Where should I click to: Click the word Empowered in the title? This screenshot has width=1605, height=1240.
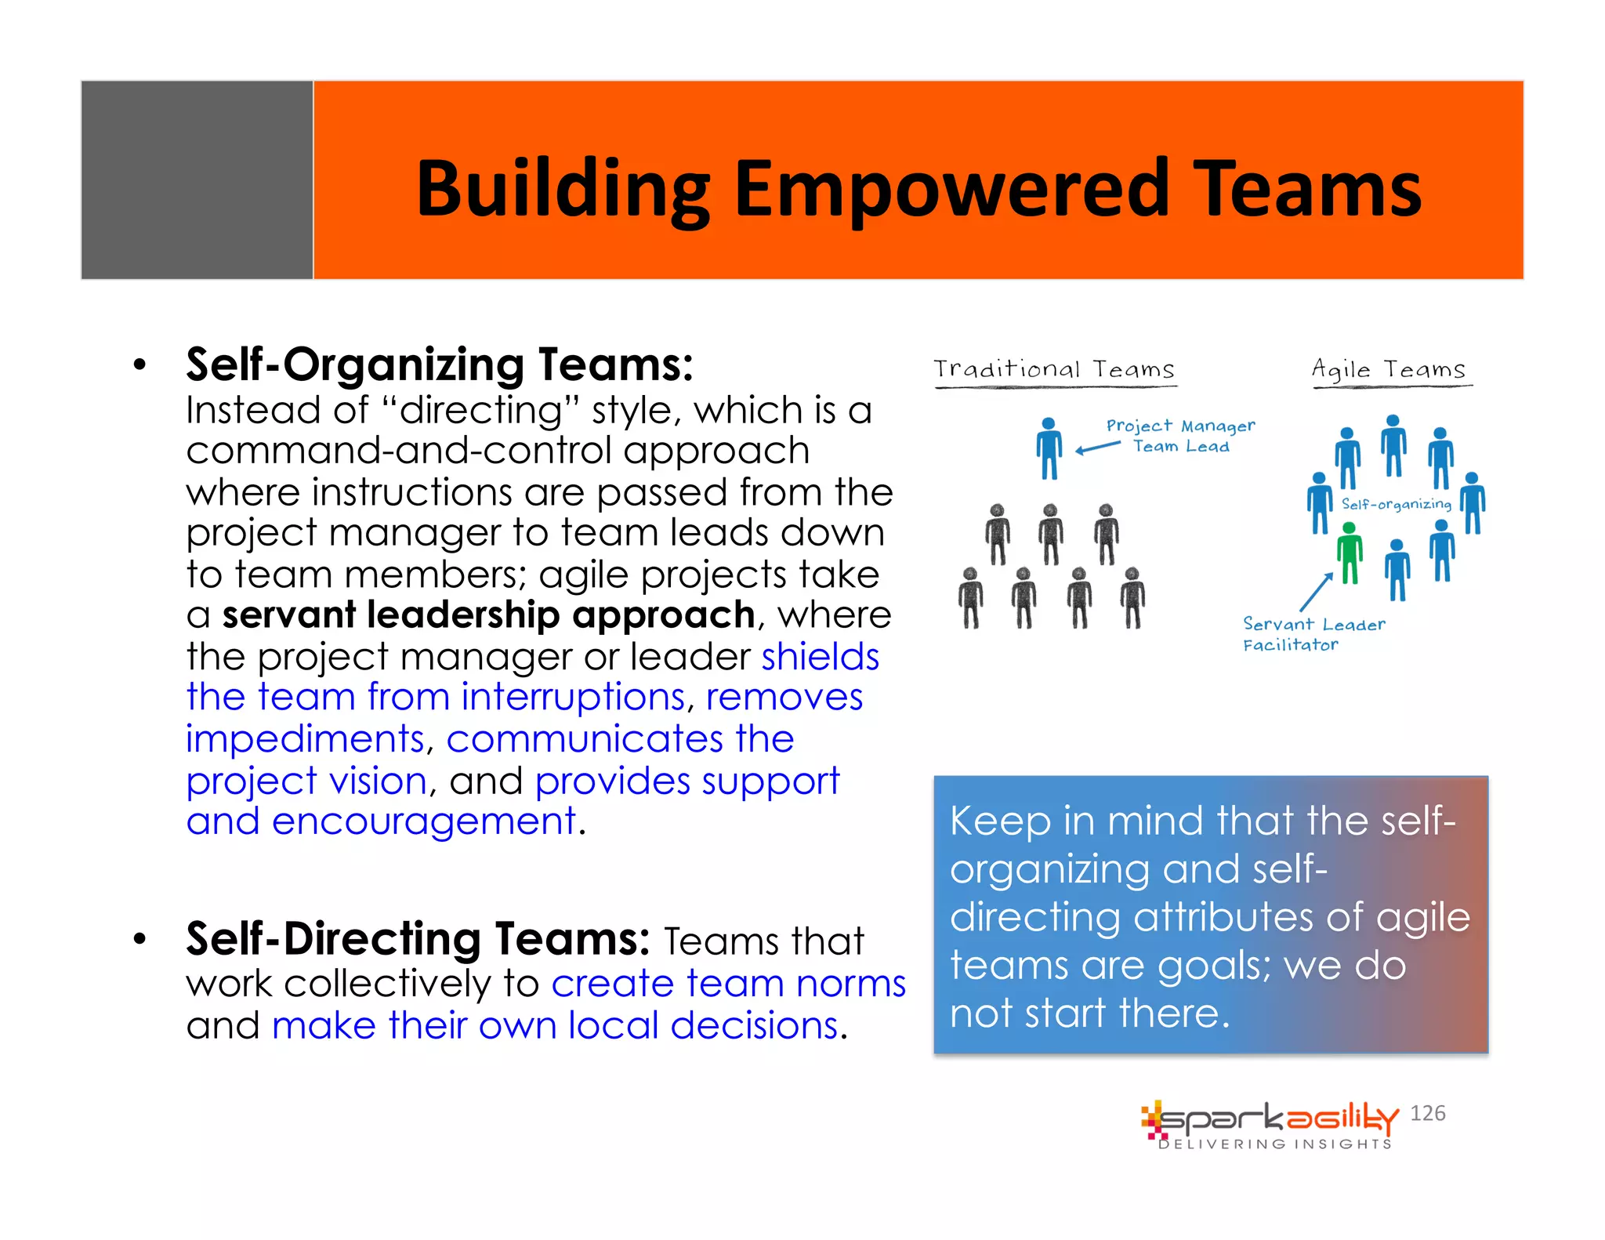[951, 190]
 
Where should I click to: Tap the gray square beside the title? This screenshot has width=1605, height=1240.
[197, 179]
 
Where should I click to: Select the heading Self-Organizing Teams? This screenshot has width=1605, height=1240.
[439, 365]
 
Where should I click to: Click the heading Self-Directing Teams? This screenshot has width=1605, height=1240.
[417, 939]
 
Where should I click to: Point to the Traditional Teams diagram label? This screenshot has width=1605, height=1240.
[1054, 369]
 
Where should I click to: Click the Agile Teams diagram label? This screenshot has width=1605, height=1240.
[1389, 369]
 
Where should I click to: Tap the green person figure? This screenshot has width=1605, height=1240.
[1350, 553]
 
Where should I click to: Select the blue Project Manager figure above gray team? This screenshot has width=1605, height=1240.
[1049, 448]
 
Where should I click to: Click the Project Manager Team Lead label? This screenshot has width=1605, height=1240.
[1180, 436]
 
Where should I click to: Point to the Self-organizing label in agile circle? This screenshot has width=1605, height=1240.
[1396, 504]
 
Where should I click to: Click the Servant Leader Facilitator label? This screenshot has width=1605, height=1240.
[1313, 634]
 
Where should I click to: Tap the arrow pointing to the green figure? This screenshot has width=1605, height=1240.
[1316, 592]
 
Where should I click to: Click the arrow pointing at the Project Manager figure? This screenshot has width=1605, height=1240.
[1098, 448]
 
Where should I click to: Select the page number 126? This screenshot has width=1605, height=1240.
[1427, 1113]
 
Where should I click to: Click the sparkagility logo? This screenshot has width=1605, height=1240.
[1270, 1124]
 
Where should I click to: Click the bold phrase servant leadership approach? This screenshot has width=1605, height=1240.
[488, 615]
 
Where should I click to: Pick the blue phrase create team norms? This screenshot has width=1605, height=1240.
[728, 983]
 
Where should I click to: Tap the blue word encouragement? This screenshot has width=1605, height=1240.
[423, 821]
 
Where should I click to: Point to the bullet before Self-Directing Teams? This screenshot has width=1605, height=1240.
[139, 939]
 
